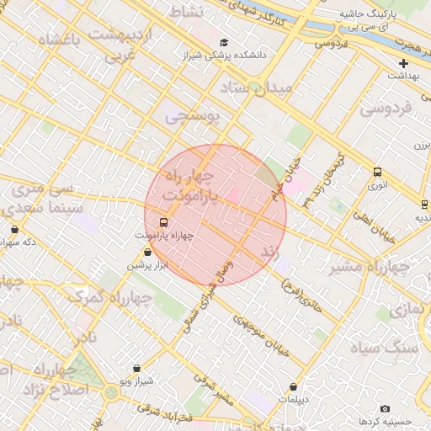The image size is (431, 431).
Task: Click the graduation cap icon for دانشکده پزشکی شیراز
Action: tap(223, 42)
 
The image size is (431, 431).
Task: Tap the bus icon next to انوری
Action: tap(377, 173)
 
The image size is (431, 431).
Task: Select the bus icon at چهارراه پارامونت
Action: tap(163, 223)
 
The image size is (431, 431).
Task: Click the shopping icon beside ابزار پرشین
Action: tap(148, 252)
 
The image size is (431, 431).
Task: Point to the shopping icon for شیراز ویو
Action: tap(136, 368)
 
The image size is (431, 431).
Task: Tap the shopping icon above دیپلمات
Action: tap(293, 386)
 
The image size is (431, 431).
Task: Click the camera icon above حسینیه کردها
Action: tap(385, 408)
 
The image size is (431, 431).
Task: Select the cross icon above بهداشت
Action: tap(403, 63)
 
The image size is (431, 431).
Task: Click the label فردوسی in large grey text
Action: tap(386, 109)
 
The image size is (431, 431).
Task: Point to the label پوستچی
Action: tap(191, 116)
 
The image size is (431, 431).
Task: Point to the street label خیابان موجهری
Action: tap(262, 333)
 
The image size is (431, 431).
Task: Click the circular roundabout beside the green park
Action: tap(111, 392)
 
